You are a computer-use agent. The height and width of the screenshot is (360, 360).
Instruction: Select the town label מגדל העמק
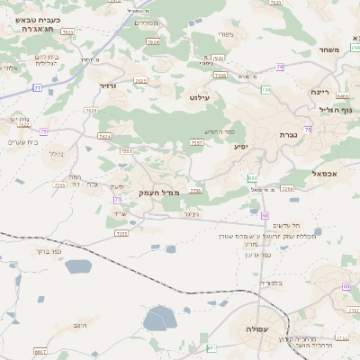[x=159, y=193]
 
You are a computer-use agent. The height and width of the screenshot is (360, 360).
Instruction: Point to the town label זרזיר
[x=108, y=85]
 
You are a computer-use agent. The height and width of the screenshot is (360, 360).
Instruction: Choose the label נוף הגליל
[x=334, y=110]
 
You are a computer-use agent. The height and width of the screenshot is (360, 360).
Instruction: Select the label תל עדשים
[x=283, y=225]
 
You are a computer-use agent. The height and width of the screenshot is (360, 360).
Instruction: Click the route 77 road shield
[x=37, y=87]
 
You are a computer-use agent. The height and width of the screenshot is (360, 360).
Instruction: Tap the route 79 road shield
[x=280, y=67]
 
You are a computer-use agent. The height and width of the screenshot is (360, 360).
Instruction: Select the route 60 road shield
[x=265, y=215]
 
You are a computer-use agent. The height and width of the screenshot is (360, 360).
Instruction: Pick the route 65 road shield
[x=346, y=286]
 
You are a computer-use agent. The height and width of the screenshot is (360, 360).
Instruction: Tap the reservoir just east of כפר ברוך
[x=78, y=266]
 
